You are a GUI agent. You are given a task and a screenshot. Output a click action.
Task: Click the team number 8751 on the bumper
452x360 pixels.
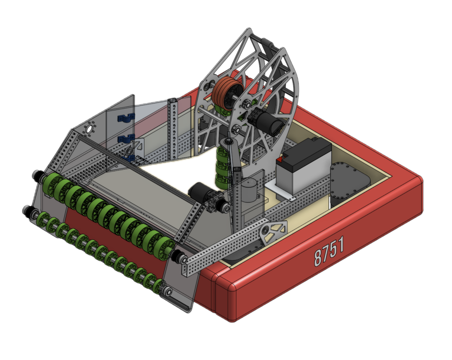(329, 251)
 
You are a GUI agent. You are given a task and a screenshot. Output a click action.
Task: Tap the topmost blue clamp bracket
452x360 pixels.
(126, 118)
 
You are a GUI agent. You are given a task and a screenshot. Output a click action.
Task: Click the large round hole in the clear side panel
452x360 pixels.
(90, 129)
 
